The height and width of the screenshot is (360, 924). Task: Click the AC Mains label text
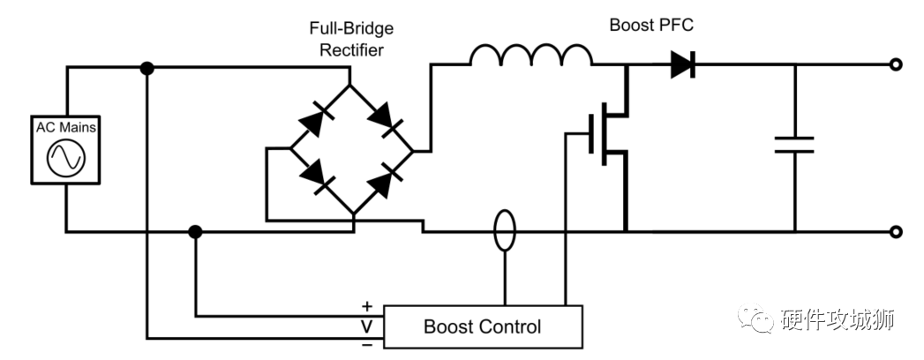coord(66,129)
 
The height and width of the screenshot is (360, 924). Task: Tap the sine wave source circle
coord(66,159)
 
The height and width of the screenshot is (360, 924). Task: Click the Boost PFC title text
coord(651,25)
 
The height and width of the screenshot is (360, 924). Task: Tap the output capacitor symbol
coord(794,145)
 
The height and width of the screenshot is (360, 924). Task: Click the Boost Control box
coord(482,326)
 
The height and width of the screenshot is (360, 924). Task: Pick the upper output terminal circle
coord(897,64)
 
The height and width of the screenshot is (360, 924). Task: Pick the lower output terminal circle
coord(897,232)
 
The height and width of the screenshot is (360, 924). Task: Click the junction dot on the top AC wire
coord(147,68)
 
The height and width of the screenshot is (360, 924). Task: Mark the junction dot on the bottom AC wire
coord(196,232)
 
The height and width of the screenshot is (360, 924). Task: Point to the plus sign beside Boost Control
coord(367,307)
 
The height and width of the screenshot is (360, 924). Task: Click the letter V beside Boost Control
coord(367,326)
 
